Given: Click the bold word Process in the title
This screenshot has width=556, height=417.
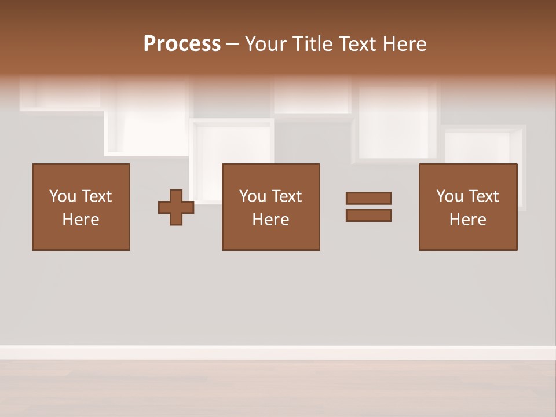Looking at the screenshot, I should [x=182, y=44].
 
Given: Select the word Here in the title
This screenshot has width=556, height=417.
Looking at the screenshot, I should [x=404, y=44].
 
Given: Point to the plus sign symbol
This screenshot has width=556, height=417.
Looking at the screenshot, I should [x=176, y=207].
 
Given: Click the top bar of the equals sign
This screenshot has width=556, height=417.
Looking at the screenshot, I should [x=368, y=198].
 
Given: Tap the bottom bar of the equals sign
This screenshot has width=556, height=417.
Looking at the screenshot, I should [x=368, y=215].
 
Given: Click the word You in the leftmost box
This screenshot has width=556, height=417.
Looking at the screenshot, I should [x=63, y=196].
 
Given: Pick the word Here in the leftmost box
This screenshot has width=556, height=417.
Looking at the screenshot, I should [x=81, y=220].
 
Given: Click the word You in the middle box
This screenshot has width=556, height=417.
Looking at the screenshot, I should [x=253, y=196].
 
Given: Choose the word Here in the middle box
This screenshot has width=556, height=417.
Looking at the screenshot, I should [x=271, y=220].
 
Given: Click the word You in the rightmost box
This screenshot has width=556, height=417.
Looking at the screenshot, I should [x=449, y=196].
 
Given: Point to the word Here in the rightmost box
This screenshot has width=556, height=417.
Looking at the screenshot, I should [x=468, y=220].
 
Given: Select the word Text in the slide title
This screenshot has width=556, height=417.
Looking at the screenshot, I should [x=357, y=44].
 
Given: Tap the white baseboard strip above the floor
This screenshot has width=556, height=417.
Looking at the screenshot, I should [x=278, y=352].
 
